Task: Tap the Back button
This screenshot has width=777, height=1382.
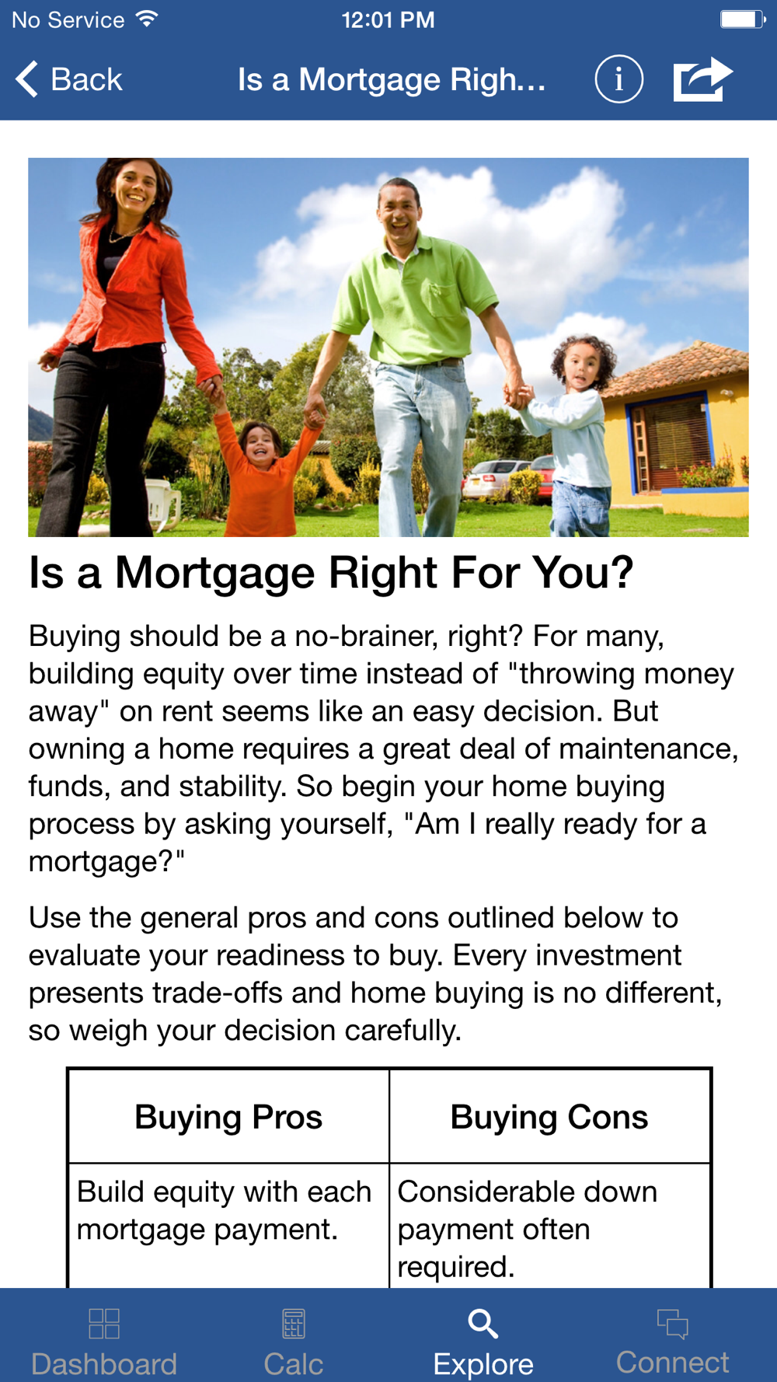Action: (68, 79)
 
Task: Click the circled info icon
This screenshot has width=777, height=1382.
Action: (618, 79)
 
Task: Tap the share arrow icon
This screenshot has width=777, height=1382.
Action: (702, 79)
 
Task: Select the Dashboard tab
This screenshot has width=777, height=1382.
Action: (104, 1340)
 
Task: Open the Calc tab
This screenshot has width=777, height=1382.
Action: (294, 1340)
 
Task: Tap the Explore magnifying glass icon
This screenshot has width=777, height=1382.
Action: (483, 1323)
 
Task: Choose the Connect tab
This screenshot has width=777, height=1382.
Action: (673, 1340)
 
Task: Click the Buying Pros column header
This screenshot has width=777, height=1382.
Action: (228, 1117)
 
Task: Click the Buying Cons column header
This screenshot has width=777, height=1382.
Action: (549, 1117)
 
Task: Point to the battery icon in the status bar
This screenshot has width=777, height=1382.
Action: (742, 19)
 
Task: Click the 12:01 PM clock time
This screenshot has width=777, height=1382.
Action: (388, 19)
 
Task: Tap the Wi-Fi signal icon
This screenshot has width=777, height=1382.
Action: (146, 19)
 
